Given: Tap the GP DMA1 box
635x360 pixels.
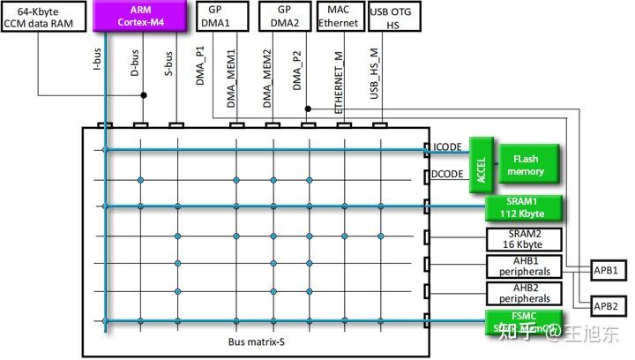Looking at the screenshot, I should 221,15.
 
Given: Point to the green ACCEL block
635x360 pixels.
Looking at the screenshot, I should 482,164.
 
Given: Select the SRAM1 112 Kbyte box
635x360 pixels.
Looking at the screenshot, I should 524,208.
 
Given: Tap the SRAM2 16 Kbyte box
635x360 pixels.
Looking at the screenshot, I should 524,239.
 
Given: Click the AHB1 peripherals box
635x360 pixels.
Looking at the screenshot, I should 524,266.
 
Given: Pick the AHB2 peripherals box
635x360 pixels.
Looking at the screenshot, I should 524,293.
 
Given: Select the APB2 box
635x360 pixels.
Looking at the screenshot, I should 606,305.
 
